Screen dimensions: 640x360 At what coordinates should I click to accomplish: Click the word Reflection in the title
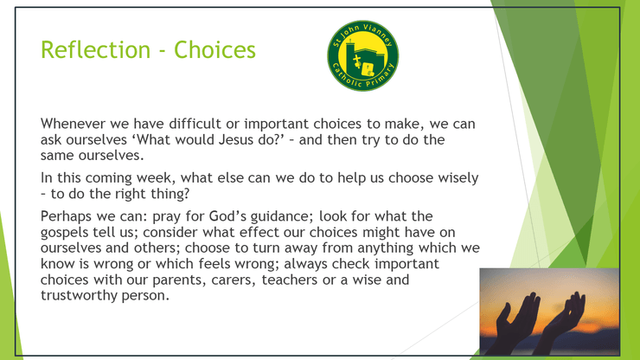pos(95,50)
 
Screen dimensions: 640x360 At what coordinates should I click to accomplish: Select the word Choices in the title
pos(214,50)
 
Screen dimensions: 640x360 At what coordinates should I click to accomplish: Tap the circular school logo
pos(363,55)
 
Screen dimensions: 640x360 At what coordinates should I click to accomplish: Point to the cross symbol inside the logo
pos(357,61)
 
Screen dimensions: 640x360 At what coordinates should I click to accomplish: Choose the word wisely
pos(458,178)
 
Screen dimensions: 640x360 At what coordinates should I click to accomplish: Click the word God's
pos(227,216)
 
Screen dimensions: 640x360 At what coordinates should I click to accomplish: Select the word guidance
pos(282,216)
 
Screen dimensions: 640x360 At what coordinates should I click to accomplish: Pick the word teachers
pos(290,280)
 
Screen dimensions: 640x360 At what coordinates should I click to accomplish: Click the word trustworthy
pos(79,295)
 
